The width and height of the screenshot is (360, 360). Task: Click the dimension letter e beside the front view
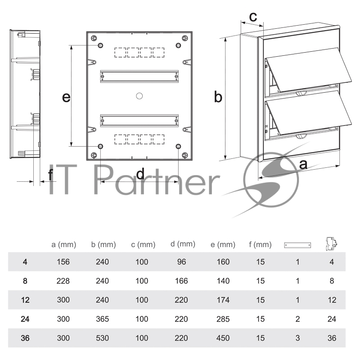click(66, 97)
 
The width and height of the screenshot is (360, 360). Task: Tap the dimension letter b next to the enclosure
click(218, 96)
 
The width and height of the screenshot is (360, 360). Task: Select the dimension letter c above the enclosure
click(253, 17)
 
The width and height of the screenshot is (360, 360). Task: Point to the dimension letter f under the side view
click(51, 175)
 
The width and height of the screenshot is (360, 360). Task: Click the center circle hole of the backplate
click(139, 96)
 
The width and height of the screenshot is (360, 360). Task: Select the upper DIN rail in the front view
click(139, 76)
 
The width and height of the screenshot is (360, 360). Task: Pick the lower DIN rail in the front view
click(139, 121)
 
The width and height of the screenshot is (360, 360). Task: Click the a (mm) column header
click(63, 244)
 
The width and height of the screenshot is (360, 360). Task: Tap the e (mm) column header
click(223, 244)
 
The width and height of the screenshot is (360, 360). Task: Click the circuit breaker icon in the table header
click(332, 244)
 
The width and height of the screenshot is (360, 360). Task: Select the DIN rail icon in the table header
click(297, 245)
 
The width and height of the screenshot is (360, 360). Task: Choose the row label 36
click(25, 338)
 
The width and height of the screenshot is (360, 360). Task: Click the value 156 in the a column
click(63, 262)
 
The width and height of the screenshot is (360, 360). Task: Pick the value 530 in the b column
click(103, 338)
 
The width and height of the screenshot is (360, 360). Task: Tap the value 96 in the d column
click(181, 262)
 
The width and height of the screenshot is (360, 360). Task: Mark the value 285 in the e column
click(223, 319)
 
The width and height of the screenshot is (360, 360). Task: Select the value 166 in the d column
click(181, 281)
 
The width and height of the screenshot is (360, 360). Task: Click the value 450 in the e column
click(223, 338)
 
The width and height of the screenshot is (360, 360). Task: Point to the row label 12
click(25, 300)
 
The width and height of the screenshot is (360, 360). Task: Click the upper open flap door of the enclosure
click(309, 69)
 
